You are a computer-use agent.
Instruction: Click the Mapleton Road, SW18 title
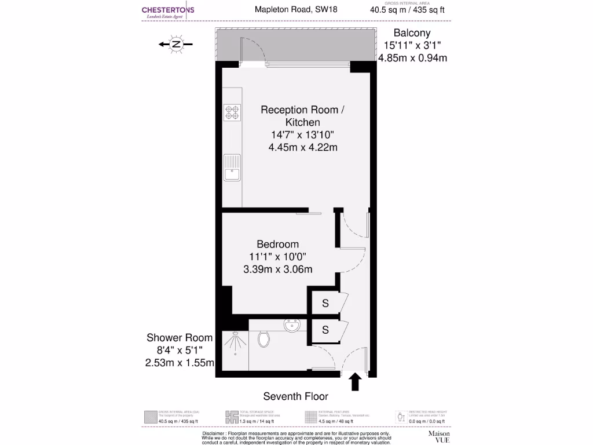pyautogui.click(x=296, y=9)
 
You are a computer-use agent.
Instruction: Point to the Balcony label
pyautogui.click(x=412, y=33)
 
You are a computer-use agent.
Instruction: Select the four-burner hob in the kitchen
pyautogui.click(x=232, y=112)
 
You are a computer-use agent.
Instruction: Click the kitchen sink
pyautogui.click(x=232, y=167)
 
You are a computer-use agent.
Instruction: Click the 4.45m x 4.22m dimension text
pyautogui.click(x=302, y=147)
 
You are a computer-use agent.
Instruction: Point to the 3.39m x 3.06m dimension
pyautogui.click(x=278, y=269)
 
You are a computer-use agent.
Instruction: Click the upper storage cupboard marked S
pyautogui.click(x=325, y=303)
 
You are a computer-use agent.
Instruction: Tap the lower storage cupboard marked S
pyautogui.click(x=325, y=330)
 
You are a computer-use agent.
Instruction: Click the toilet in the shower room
pyautogui.click(x=264, y=338)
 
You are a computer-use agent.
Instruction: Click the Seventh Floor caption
pyautogui.click(x=295, y=396)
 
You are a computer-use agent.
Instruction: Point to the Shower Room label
pyautogui.click(x=180, y=338)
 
